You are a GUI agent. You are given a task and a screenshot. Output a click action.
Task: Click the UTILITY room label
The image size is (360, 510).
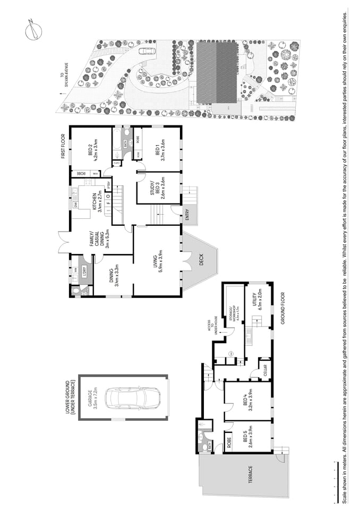click(x=255, y=303)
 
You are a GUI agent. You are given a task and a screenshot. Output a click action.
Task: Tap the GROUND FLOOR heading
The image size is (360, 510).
click(x=283, y=308)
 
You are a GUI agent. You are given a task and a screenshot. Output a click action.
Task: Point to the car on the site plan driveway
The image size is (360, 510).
click(x=147, y=52)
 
